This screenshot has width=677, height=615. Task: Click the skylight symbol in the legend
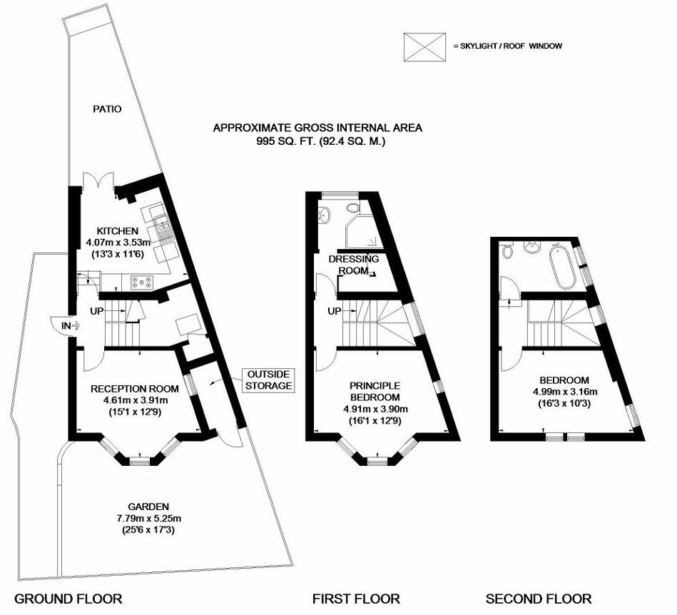[424, 46]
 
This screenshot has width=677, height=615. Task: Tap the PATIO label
[107, 109]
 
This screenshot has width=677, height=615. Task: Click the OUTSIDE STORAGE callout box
[269, 380]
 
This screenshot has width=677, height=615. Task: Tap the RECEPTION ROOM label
[134, 389]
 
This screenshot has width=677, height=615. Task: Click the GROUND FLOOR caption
[68, 599]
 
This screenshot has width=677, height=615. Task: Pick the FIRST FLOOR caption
[356, 599]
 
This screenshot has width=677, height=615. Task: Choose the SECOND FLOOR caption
[539, 599]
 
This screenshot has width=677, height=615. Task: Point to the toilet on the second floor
[507, 251]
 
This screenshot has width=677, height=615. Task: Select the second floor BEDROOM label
[564, 380]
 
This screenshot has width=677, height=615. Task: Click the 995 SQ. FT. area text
[317, 141]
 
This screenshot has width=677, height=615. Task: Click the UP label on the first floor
[332, 312]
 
